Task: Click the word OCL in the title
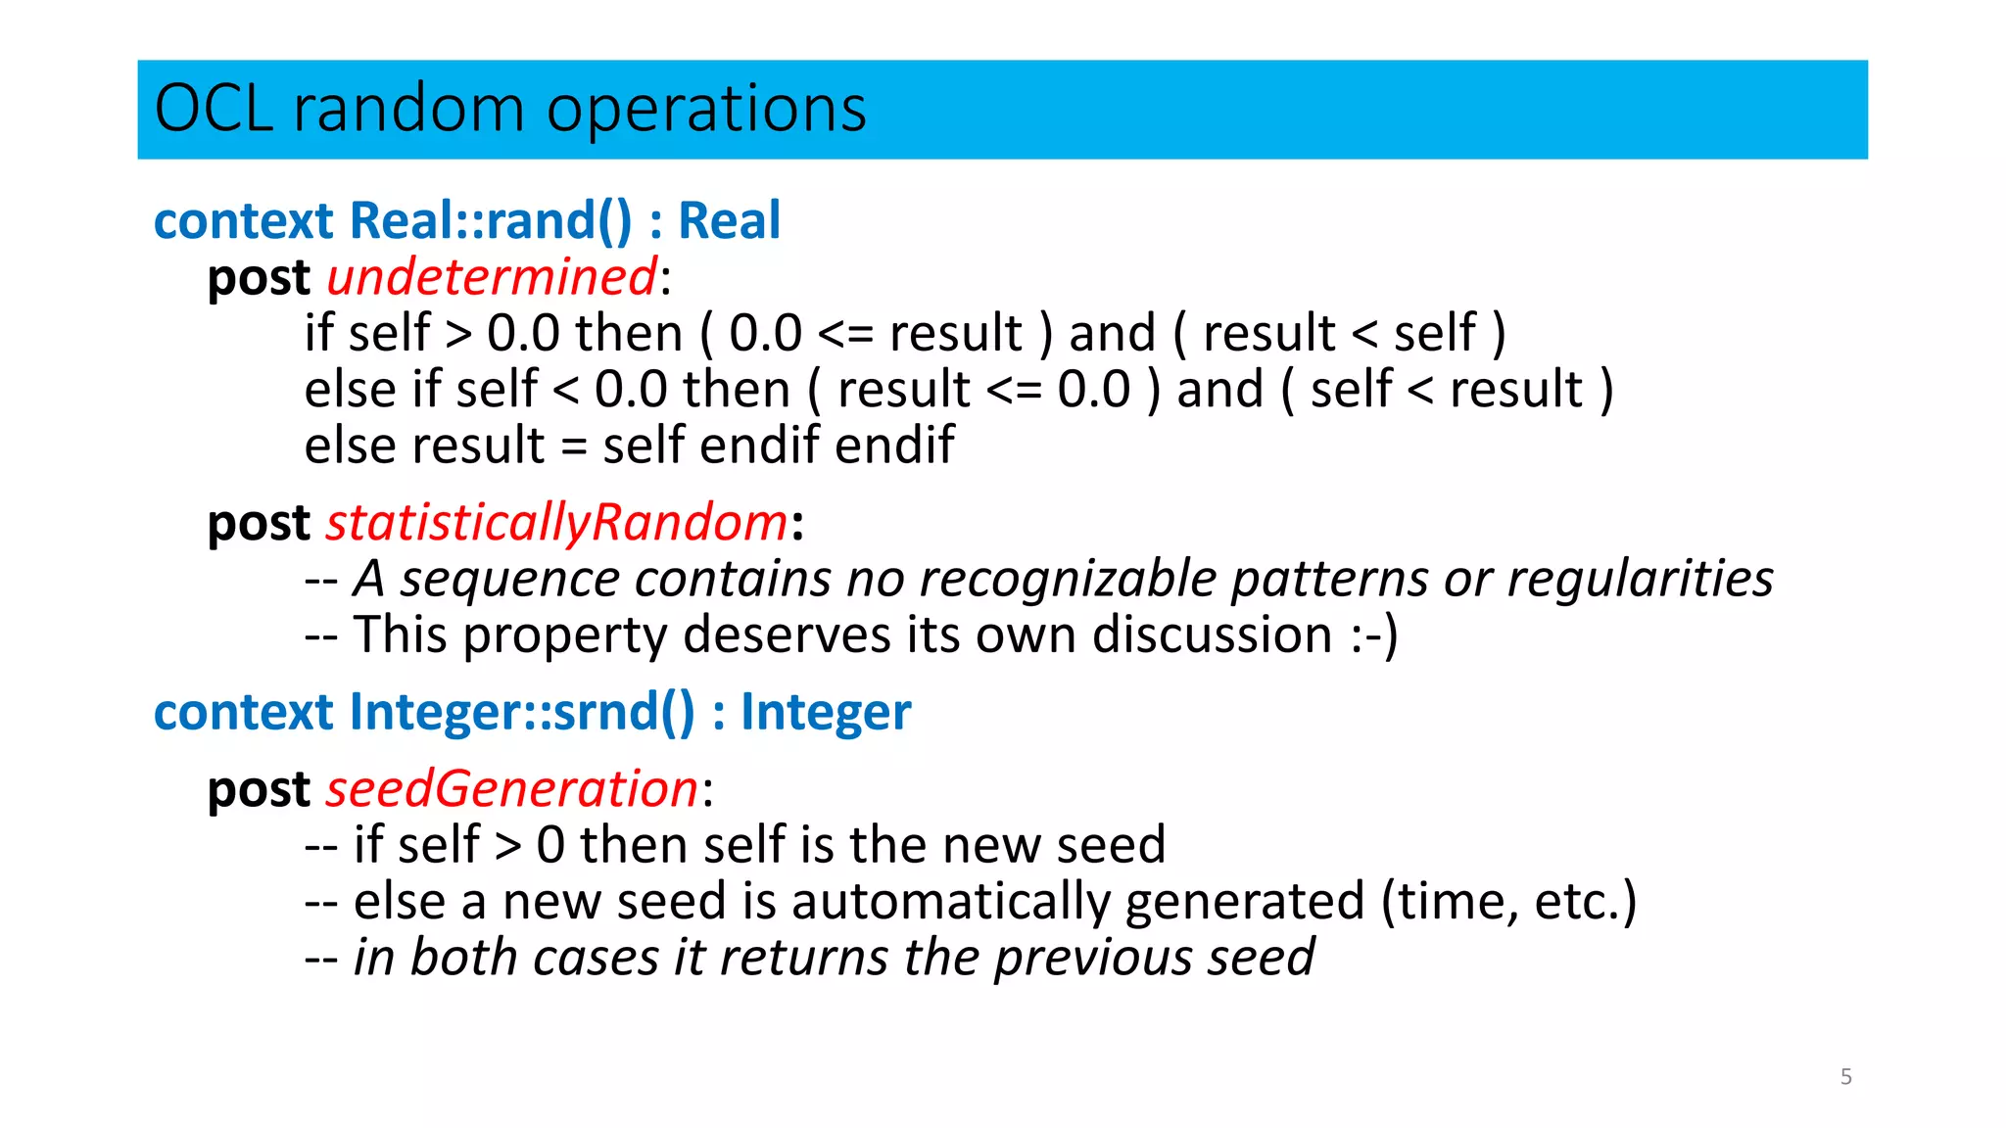213,108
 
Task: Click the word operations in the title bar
706,110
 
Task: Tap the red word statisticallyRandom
556,523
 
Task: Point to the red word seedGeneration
512,789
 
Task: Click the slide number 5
1845,1077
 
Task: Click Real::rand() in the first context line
491,221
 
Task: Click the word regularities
1640,579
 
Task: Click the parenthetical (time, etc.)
1508,902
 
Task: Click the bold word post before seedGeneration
259,789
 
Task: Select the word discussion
1212,635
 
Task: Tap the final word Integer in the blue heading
826,713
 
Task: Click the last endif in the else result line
894,446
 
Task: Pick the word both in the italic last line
463,958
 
